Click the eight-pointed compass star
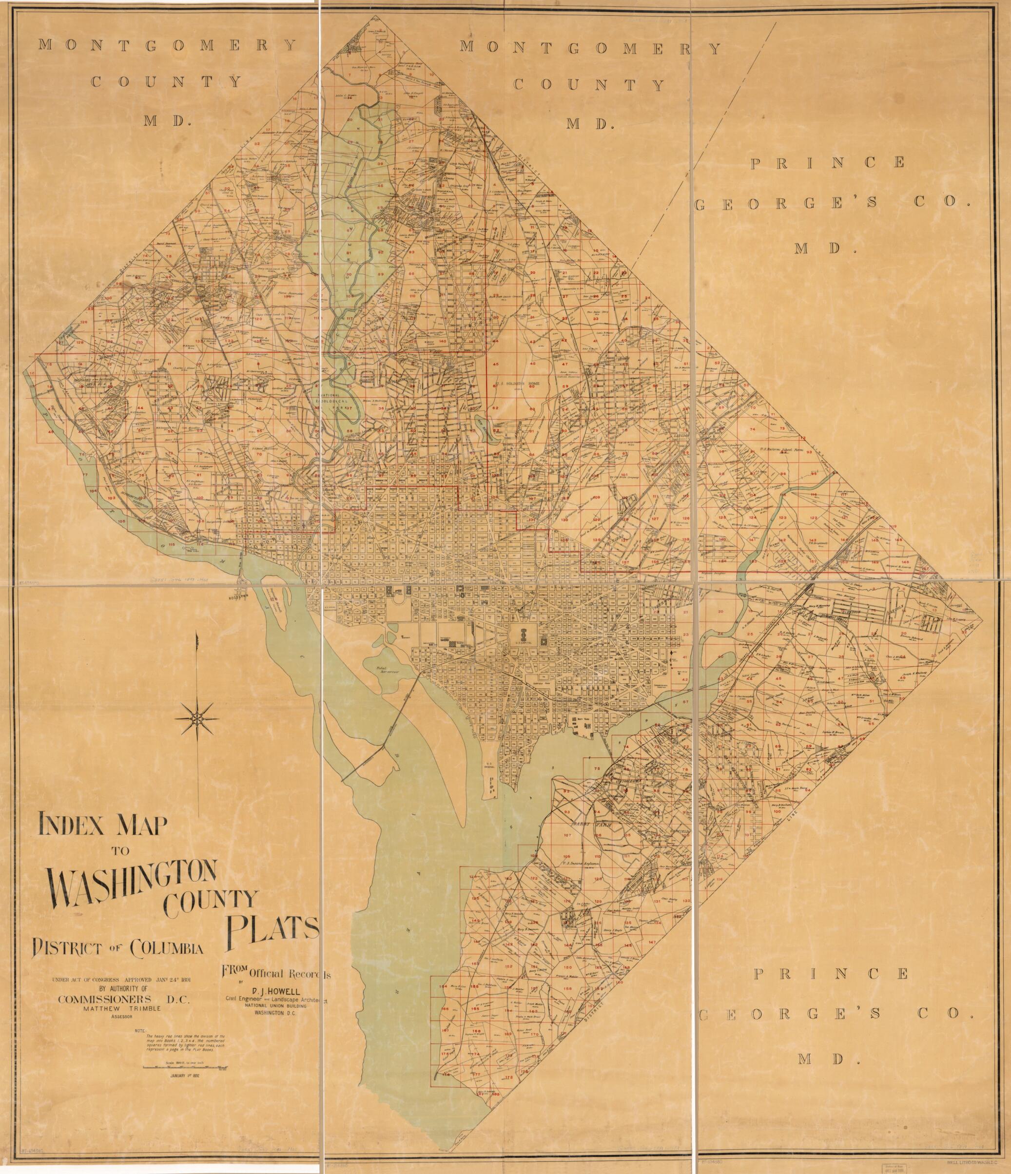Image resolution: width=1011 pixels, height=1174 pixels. click(x=196, y=718)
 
